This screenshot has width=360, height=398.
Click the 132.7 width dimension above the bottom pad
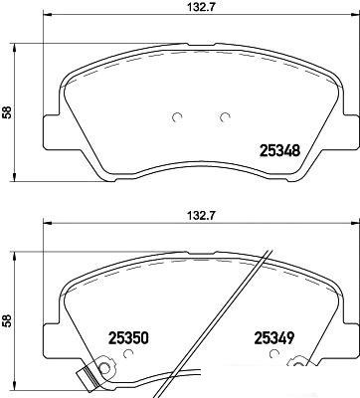click(201, 216)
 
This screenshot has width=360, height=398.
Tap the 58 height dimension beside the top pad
click(7, 112)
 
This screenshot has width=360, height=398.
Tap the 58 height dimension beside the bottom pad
click(7, 320)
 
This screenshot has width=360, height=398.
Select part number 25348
click(280, 151)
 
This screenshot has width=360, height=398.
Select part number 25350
click(128, 338)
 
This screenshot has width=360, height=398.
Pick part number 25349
click(274, 338)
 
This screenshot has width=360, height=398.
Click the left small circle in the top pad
click(177, 117)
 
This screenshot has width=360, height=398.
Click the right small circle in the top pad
click(225, 117)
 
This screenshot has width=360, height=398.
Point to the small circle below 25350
click(127, 354)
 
